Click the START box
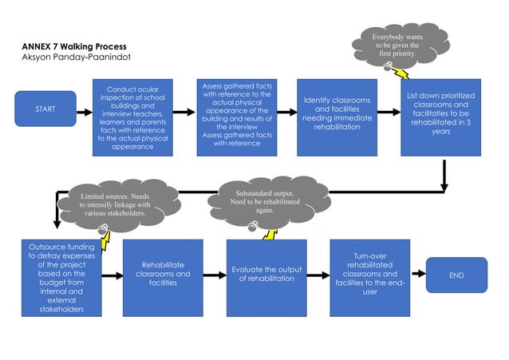coord(45,109)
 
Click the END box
coord(456,275)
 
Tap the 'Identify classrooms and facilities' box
coord(337,117)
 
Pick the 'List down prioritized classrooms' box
coord(440,117)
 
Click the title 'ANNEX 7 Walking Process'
coord(69,46)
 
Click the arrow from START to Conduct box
coord(85,109)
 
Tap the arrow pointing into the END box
coord(417,275)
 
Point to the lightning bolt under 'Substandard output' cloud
coord(269,233)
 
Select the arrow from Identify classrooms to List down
coord(389,113)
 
